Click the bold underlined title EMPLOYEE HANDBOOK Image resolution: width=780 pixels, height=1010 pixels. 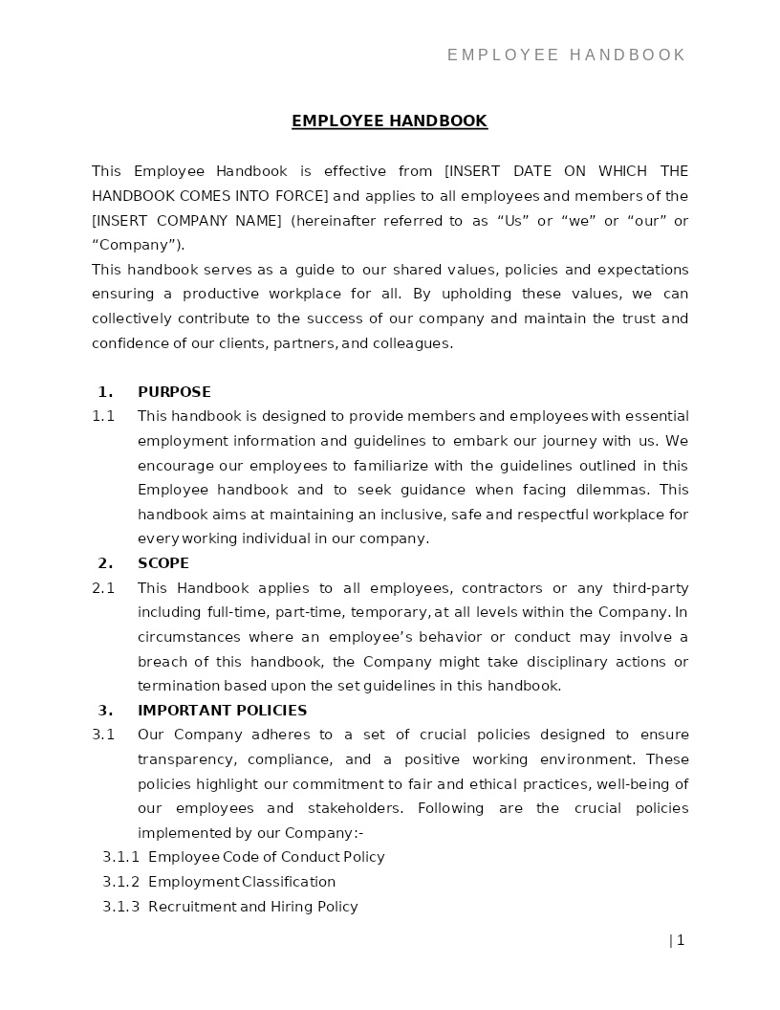pyautogui.click(x=389, y=121)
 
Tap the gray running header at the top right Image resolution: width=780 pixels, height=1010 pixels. pyautogui.click(x=566, y=55)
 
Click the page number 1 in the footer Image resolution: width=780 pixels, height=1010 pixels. pyautogui.click(x=680, y=940)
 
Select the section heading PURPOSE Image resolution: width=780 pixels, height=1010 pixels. pyautogui.click(x=174, y=392)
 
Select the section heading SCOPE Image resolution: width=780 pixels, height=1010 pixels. pyautogui.click(x=163, y=563)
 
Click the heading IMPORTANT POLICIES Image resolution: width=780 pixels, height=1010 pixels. pyautogui.click(x=222, y=711)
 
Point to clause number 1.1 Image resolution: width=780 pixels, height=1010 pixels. pyautogui.click(x=103, y=416)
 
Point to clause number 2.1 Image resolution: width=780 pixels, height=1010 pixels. pyautogui.click(x=103, y=588)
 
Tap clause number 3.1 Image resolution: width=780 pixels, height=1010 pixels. pyautogui.click(x=103, y=735)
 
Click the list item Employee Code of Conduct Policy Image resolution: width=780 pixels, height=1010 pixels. pyautogui.click(x=266, y=857)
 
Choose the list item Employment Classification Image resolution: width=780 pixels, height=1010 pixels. pyautogui.click(x=242, y=882)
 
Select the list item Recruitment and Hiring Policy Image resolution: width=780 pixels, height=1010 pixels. pyautogui.click(x=252, y=907)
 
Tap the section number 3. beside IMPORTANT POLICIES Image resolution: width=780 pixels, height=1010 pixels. pyautogui.click(x=105, y=711)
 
